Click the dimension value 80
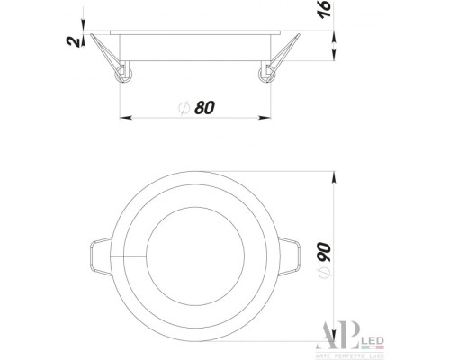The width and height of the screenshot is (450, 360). point(204,107)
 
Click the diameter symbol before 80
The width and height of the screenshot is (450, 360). point(184,108)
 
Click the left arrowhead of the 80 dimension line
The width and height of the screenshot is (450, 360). point(126,117)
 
